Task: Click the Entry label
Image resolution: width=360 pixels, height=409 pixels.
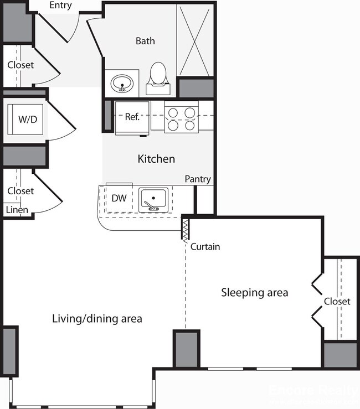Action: (x=60, y=6)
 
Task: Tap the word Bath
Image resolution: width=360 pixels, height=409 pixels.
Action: (x=145, y=41)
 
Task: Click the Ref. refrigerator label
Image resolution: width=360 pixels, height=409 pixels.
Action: (x=132, y=117)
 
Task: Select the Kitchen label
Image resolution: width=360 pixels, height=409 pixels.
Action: (x=156, y=159)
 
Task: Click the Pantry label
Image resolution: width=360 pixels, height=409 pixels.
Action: (x=198, y=179)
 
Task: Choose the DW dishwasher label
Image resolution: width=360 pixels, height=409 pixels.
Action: (x=118, y=198)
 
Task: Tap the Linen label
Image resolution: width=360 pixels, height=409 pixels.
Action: (x=17, y=210)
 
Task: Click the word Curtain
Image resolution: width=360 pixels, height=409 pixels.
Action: (x=205, y=247)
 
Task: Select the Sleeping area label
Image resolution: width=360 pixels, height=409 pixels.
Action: (x=254, y=292)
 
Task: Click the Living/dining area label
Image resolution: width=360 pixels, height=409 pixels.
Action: (x=97, y=319)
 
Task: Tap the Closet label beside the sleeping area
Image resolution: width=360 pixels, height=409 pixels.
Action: (x=337, y=302)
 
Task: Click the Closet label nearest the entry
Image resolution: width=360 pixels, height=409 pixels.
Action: (x=20, y=65)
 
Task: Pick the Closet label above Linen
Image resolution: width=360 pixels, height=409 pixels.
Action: (x=20, y=191)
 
